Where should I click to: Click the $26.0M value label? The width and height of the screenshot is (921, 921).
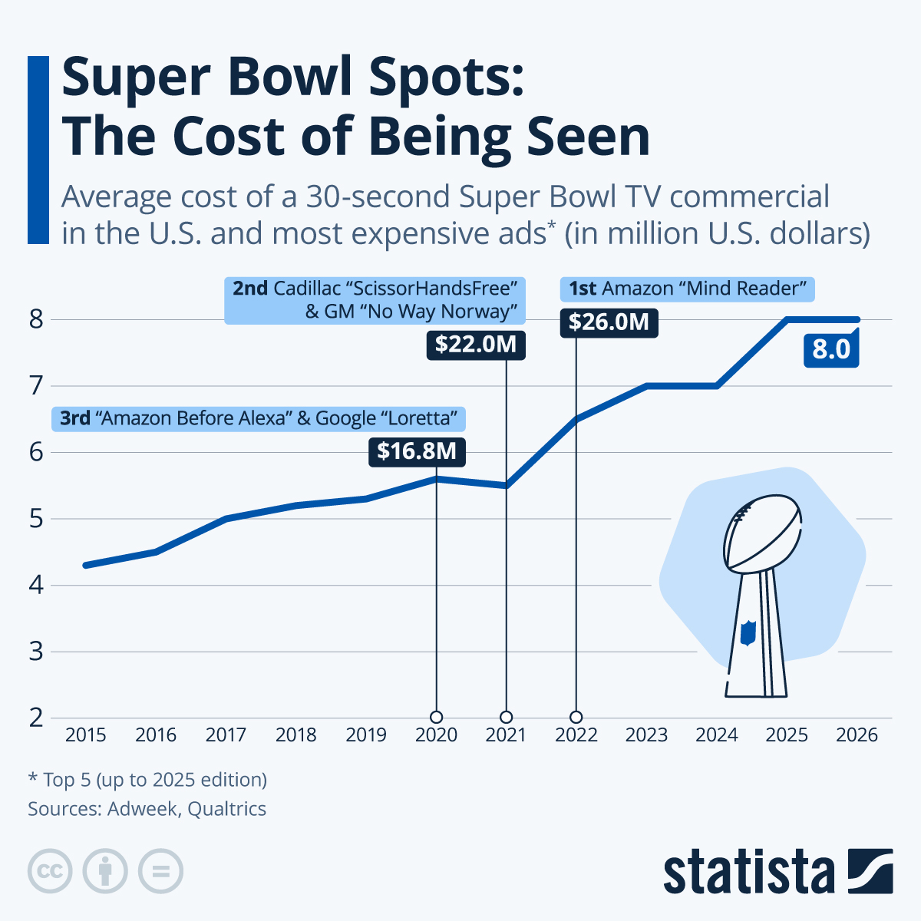pyautogui.click(x=609, y=322)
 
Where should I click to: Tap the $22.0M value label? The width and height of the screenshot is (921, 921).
pyautogui.click(x=476, y=345)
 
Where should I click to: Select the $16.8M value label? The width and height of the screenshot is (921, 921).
pyautogui.click(x=418, y=451)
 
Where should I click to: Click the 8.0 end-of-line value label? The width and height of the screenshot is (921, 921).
pyautogui.click(x=831, y=349)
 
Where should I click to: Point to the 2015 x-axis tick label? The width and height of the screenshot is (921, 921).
pyautogui.click(x=85, y=735)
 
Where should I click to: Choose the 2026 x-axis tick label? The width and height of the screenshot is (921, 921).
pyautogui.click(x=857, y=735)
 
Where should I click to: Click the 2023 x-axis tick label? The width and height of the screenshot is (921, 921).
pyautogui.click(x=646, y=735)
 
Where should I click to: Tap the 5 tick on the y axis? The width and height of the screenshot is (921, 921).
pyautogui.click(x=36, y=520)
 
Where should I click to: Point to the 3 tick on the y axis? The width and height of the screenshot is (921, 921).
pyautogui.click(x=36, y=652)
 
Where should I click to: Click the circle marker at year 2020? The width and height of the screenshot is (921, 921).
pyautogui.click(x=436, y=717)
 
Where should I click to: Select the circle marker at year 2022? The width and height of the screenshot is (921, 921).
pyautogui.click(x=576, y=717)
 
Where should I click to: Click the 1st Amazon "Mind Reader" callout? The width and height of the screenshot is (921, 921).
pyautogui.click(x=688, y=289)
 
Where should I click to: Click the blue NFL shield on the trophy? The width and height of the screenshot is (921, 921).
pyautogui.click(x=748, y=632)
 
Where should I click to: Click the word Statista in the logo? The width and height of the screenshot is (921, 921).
pyautogui.click(x=748, y=872)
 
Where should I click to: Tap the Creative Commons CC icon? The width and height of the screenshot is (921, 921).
pyautogui.click(x=50, y=872)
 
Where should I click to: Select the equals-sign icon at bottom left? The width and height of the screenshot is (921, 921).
pyautogui.click(x=160, y=872)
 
